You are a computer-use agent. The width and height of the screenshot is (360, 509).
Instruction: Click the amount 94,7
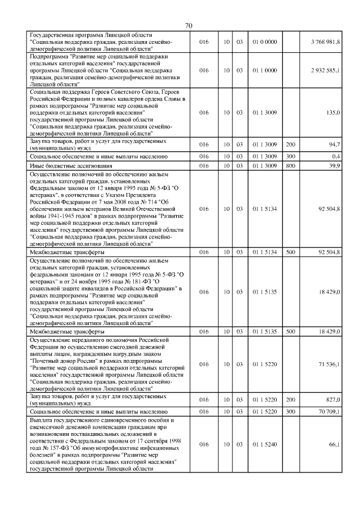tap(335, 145)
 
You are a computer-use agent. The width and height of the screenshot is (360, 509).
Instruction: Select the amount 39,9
tap(335, 165)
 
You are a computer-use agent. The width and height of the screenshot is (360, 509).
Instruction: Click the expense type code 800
tap(290, 165)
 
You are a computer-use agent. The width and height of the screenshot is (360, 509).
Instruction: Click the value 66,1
tap(335, 444)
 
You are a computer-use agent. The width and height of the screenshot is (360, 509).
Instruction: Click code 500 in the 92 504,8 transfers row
tap(290, 253)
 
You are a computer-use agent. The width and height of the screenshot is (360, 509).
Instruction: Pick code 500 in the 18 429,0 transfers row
tap(290, 332)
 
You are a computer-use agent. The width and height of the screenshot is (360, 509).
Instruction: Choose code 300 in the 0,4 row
tap(290, 155)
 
